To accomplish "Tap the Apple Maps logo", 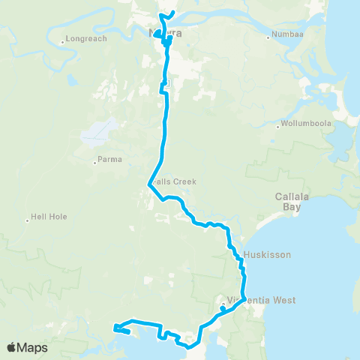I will click(27, 348).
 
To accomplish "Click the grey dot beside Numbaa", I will click(268, 35).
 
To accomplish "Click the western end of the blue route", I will click(114, 328).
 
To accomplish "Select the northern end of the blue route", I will click(172, 13).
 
